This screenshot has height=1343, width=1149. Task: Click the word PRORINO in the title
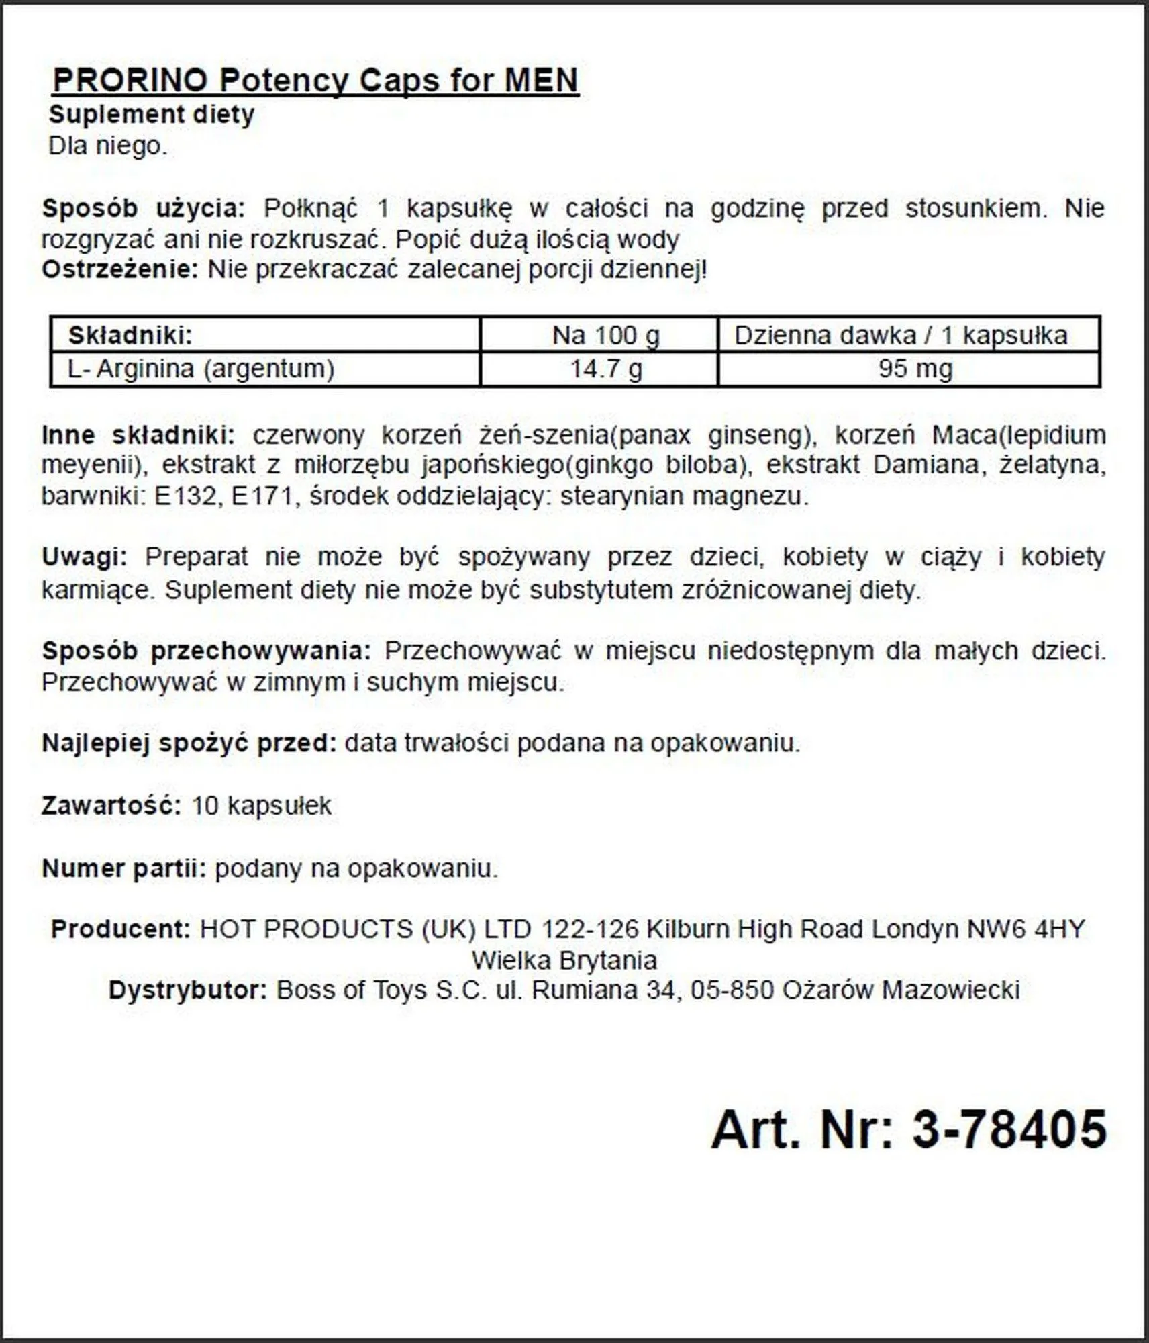[x=130, y=81]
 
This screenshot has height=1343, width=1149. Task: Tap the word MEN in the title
[x=541, y=81]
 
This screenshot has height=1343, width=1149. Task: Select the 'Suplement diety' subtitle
[x=152, y=114]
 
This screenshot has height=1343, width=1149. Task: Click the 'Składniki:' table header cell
[x=130, y=335]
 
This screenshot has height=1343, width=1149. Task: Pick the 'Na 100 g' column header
[x=605, y=335]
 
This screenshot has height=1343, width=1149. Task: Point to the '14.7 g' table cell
[x=605, y=369]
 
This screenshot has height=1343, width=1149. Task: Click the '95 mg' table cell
[x=915, y=369]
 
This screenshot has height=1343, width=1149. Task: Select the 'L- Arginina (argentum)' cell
[x=201, y=369]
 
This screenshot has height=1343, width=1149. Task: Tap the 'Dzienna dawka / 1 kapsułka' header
[x=901, y=335]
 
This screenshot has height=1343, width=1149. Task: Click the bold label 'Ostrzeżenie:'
[x=120, y=269]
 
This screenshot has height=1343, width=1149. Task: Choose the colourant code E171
[x=262, y=496]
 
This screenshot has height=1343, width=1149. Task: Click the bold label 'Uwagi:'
[x=85, y=557]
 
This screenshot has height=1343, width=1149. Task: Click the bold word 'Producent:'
[x=121, y=929]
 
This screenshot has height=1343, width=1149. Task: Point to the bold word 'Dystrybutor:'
[x=188, y=990]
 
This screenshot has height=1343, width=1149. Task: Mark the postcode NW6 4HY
[x=1026, y=929]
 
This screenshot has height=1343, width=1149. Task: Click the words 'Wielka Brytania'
[x=564, y=960]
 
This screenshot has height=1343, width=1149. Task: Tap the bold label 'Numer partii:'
[x=124, y=868]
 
